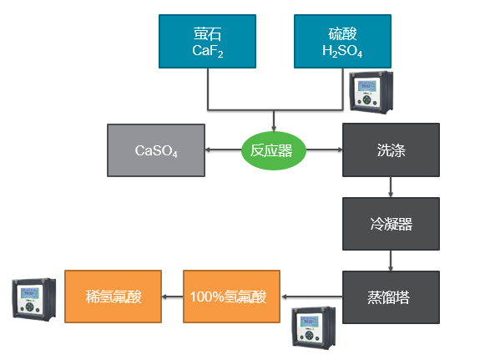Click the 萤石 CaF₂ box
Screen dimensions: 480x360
point(207,42)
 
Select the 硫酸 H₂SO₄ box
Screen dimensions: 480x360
point(342,42)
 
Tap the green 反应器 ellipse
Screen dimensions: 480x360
point(274,150)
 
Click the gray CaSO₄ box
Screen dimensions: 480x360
point(156,150)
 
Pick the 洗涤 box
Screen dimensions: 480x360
point(391,150)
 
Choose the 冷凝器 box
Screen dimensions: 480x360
point(391,224)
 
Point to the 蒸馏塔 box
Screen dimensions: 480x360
point(391,297)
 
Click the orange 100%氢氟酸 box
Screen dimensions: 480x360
point(231,297)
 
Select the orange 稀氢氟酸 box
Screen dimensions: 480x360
point(113,297)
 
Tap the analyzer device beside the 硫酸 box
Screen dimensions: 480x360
point(371,92)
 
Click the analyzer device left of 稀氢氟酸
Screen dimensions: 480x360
point(34,299)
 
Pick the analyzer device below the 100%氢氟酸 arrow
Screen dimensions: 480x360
point(314,327)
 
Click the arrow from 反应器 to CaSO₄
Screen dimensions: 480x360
point(224,150)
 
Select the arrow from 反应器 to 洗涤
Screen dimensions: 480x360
point(324,150)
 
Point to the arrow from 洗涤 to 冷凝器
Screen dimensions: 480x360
point(391,187)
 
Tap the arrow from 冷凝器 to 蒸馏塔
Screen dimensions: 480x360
point(391,261)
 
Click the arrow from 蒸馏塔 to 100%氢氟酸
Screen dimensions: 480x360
point(312,297)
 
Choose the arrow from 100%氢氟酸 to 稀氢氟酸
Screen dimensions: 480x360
point(172,297)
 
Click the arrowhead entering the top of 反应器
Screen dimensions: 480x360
point(274,128)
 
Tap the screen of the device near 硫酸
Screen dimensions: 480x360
point(366,86)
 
